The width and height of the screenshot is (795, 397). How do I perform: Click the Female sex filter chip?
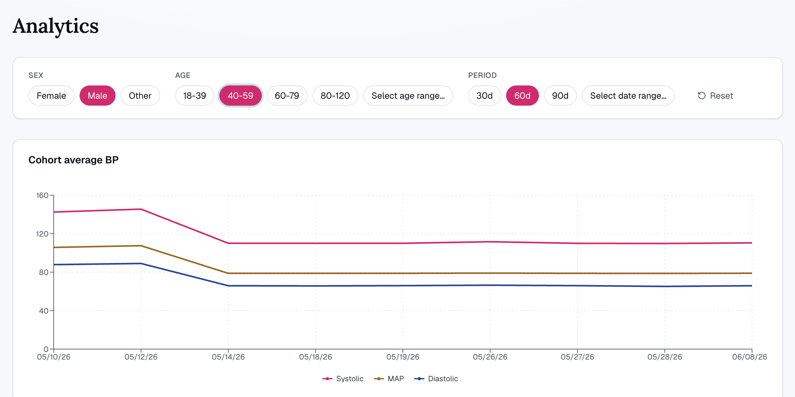click(x=51, y=96)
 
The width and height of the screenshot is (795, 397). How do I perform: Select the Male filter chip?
click(x=98, y=96)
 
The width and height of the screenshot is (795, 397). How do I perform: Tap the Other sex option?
click(x=140, y=96)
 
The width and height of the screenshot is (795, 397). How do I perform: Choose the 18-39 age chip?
click(x=195, y=96)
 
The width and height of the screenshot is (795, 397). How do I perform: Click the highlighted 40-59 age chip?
click(x=241, y=96)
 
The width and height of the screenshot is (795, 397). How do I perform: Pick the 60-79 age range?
click(x=287, y=96)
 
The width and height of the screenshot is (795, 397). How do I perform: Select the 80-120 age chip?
click(x=335, y=96)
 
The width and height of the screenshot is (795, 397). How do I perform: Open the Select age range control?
click(x=408, y=96)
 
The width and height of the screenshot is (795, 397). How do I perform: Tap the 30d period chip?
click(x=485, y=96)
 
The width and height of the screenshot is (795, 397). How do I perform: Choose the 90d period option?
click(x=560, y=96)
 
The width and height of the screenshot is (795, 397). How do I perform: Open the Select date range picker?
click(x=628, y=96)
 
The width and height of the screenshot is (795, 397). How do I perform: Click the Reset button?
click(x=715, y=96)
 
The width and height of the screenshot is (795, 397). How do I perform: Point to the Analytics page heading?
click(x=56, y=26)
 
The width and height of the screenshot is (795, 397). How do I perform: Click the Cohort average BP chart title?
click(x=74, y=160)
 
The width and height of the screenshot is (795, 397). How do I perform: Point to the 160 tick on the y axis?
click(x=42, y=196)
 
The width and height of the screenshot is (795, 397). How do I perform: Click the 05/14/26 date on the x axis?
click(x=228, y=357)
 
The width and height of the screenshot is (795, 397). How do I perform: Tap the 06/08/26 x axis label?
click(x=750, y=357)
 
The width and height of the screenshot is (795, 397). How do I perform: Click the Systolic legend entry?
click(x=343, y=379)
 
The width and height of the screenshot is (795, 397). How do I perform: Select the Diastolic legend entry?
click(x=436, y=379)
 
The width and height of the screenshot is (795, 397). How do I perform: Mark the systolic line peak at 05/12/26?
click(x=141, y=209)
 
